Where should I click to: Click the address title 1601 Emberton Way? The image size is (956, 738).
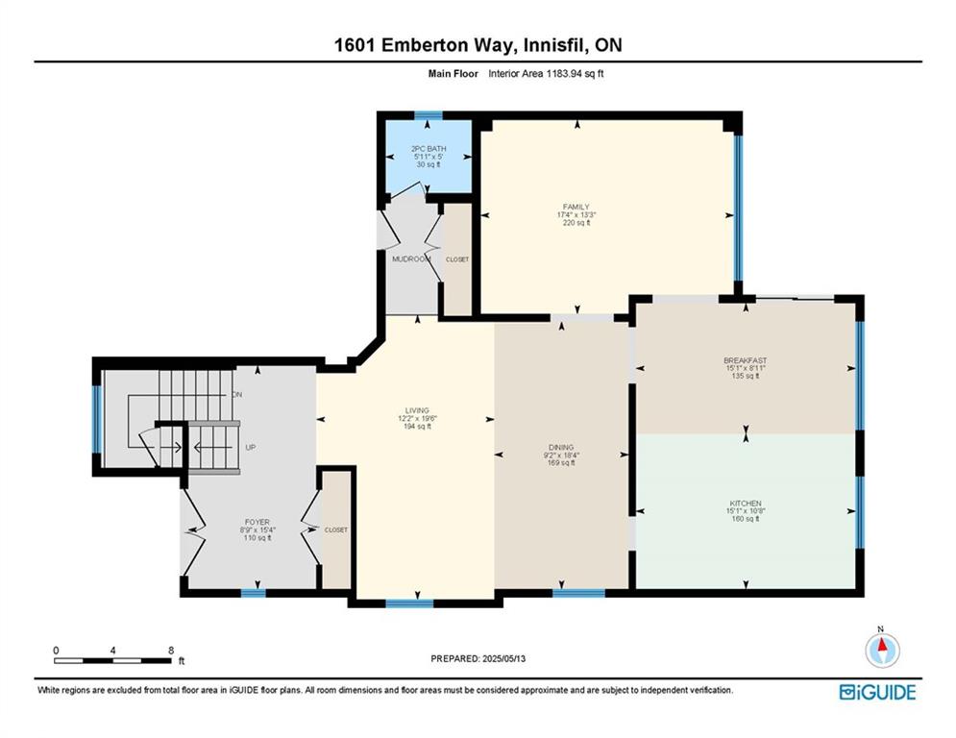pos(478,45)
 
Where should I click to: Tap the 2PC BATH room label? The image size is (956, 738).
pos(429,149)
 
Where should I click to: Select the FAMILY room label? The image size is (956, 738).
pos(576,207)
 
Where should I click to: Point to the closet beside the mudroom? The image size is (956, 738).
pos(457,259)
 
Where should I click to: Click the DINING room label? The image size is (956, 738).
pos(561,447)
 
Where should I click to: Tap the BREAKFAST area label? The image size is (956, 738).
pos(745,361)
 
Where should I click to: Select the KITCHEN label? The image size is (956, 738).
pos(745,504)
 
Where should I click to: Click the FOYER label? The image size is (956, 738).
pos(255,523)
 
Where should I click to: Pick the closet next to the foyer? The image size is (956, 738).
pos(335,529)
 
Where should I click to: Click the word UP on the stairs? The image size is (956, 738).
pos(249,448)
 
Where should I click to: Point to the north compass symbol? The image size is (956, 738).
pos(881,650)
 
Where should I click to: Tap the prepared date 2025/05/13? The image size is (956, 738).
pos(478,658)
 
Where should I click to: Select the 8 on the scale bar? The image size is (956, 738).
pos(170,651)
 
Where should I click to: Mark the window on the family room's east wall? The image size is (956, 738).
pos(738,207)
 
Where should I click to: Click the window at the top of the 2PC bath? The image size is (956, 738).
pos(429,115)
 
